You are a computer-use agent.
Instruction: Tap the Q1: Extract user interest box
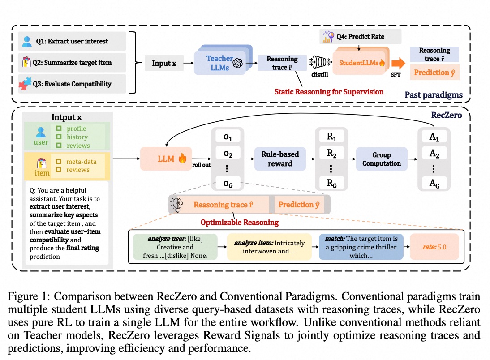pos(72,41)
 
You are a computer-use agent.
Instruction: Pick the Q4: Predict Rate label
pos(360,37)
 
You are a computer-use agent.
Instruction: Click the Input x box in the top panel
pos(164,63)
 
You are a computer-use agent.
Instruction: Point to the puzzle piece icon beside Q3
pos(25,83)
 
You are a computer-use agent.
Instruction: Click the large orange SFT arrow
pos(398,63)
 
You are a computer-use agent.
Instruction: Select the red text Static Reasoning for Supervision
pos(329,92)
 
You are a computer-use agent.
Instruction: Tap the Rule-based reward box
pos(280,159)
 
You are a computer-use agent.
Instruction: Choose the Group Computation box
pos(382,159)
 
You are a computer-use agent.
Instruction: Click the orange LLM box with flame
pos(166,159)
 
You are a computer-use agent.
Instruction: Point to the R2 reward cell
pos(331,154)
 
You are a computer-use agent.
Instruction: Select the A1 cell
pos(434,137)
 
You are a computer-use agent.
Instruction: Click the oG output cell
pos(228,184)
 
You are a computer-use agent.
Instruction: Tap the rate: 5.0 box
pos(434,247)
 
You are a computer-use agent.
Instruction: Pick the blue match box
pos(361,247)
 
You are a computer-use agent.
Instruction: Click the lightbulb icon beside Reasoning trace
pos(176,205)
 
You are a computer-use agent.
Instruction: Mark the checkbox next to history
pos(59,137)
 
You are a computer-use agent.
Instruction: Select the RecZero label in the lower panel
pos(446,116)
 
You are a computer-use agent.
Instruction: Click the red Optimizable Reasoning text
pos(239,223)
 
